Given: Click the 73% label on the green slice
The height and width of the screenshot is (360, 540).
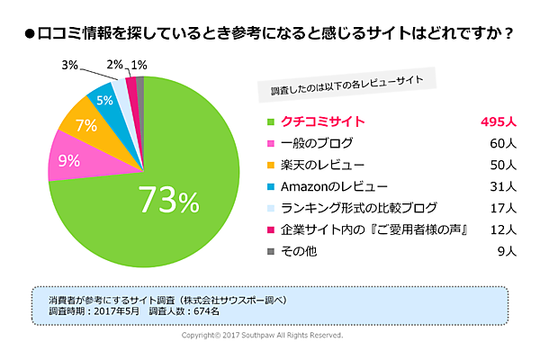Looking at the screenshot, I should (167, 200).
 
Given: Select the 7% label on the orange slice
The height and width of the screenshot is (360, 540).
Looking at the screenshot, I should (86, 125).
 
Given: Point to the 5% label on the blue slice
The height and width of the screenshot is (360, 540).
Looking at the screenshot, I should (105, 100).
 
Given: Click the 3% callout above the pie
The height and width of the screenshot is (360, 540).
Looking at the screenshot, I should (69, 65).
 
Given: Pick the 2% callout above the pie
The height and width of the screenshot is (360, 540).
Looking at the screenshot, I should (114, 65).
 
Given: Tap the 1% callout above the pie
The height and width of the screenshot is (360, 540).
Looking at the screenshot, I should (139, 65).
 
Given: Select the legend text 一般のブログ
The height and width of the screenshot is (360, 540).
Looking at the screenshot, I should (317, 142).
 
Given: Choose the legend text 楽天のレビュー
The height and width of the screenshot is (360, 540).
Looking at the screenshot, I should (322, 165).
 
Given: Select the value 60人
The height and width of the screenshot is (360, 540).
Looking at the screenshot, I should (502, 142).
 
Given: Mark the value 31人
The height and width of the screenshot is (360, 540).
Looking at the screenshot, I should (502, 186).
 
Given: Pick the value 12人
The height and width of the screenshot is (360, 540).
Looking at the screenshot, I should (502, 230).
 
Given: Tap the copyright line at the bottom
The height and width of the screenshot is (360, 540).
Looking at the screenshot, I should (262, 335).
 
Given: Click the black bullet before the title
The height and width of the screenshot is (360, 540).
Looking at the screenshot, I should (29, 36).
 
